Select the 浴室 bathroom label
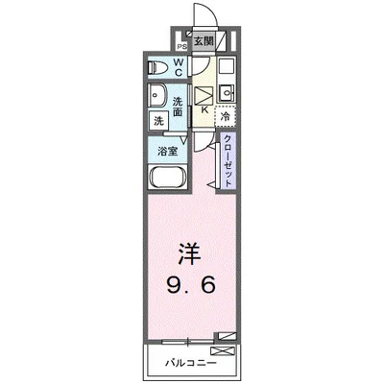coord(167,150)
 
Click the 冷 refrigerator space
coord(225,116)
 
